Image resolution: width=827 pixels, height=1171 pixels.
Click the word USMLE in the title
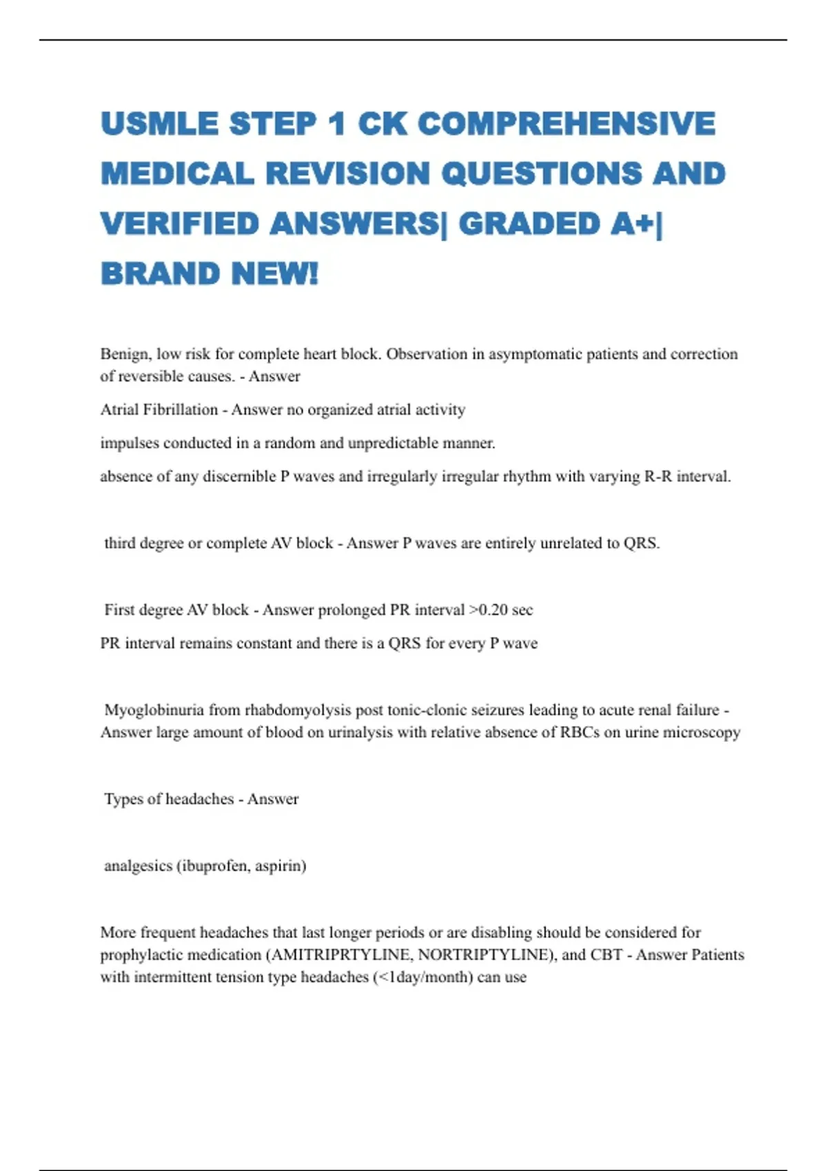tap(159, 124)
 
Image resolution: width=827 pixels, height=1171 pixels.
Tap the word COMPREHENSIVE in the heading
tap(566, 124)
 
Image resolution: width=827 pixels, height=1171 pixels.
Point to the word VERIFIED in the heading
tap(179, 224)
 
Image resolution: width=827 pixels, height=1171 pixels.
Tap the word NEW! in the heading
tap(275, 274)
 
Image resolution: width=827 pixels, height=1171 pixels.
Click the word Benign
tap(124, 354)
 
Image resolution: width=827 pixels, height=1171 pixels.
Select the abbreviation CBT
tap(606, 955)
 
